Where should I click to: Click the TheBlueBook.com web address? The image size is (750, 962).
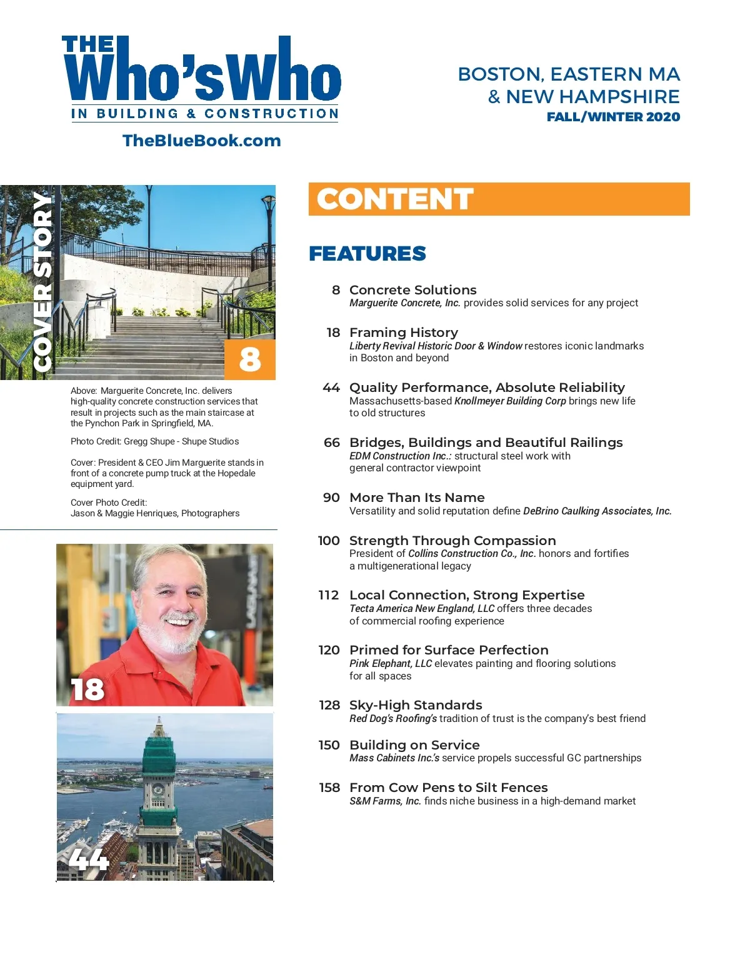tap(201, 141)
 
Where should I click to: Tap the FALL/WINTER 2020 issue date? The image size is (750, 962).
tap(612, 117)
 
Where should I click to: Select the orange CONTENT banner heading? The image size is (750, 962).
tap(395, 199)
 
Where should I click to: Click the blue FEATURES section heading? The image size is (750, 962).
tap(367, 254)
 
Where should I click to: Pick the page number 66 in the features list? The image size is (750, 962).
tap(332, 443)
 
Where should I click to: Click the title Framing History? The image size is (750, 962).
tap(404, 333)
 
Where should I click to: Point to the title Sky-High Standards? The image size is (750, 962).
tap(416, 705)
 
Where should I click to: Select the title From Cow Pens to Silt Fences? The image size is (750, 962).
tap(448, 788)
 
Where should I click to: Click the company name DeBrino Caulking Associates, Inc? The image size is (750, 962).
tap(597, 511)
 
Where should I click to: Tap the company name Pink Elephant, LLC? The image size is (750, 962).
tap(391, 664)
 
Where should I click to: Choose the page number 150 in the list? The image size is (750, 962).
tap(329, 745)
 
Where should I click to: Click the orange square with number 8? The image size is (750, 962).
tap(250, 359)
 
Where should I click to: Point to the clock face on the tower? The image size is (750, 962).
tap(159, 790)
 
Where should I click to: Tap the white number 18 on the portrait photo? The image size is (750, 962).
tap(87, 689)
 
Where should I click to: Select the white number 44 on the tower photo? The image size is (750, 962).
tap(89, 859)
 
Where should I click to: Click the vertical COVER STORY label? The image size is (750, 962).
tap(42, 281)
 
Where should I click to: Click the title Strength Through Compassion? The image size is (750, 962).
tap(452, 541)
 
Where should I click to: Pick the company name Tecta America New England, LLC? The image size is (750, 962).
tap(422, 609)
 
